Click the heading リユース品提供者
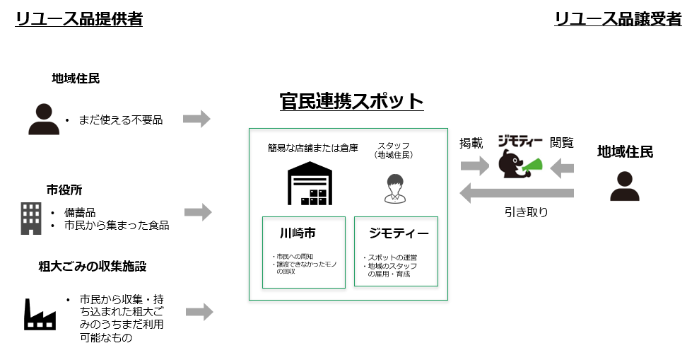pyautogui.click(x=79, y=19)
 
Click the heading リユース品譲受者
pyautogui.click(x=618, y=19)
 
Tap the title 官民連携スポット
pyautogui.click(x=351, y=101)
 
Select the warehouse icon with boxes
pyautogui.click(x=309, y=183)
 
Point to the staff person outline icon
pyautogui.click(x=394, y=187)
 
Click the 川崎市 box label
pyautogui.click(x=297, y=233)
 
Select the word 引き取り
pyautogui.click(x=526, y=211)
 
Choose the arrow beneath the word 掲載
pyautogui.click(x=474, y=167)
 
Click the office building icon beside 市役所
pyautogui.click(x=30, y=219)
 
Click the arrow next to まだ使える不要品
pyautogui.click(x=196, y=119)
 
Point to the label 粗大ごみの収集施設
pyautogui.click(x=93, y=267)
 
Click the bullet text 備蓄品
pyautogui.click(x=79, y=212)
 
